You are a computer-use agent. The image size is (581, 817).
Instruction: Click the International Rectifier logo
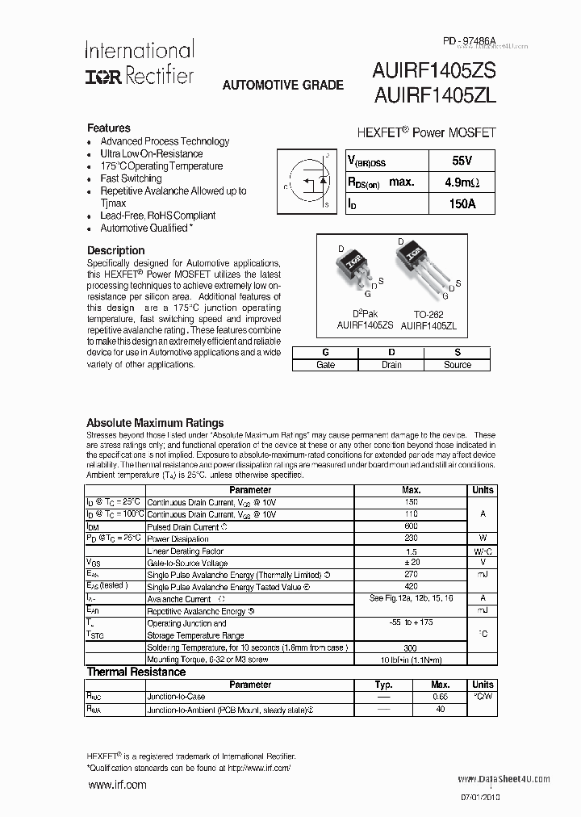click(x=139, y=63)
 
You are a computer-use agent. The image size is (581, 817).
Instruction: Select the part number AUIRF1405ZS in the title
click(x=435, y=71)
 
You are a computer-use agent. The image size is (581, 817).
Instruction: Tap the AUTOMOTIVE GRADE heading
click(x=282, y=85)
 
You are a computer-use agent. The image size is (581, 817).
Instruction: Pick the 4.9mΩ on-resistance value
click(x=462, y=182)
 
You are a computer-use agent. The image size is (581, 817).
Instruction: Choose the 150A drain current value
click(x=462, y=204)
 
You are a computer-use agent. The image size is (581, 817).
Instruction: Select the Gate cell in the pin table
click(x=325, y=365)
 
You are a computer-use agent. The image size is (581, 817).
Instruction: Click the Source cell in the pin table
click(x=458, y=365)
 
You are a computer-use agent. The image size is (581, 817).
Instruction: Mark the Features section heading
click(x=108, y=128)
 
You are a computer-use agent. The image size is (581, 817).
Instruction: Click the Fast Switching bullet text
click(x=131, y=178)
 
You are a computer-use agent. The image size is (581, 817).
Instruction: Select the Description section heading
click(x=115, y=250)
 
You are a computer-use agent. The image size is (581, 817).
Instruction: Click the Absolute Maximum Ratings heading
click(x=155, y=422)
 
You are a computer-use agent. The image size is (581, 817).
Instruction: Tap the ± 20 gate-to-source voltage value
click(x=412, y=562)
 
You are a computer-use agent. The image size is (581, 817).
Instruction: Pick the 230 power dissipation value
click(x=412, y=538)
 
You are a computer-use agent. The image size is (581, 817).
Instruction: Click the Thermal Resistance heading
click(x=136, y=672)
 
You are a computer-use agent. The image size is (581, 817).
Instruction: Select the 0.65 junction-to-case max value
click(x=441, y=697)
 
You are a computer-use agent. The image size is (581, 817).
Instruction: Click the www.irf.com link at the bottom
click(x=117, y=785)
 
